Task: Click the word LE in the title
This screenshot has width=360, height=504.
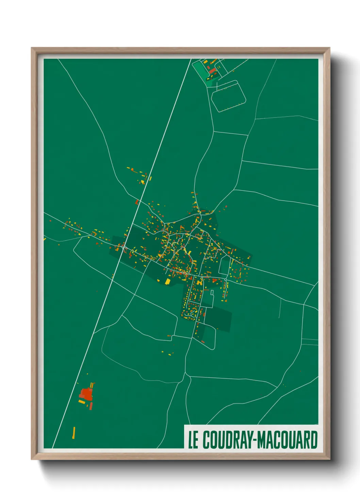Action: tap(193, 440)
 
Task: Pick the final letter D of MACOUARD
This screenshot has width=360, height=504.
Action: tap(313, 440)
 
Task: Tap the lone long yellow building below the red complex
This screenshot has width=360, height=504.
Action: tap(74, 432)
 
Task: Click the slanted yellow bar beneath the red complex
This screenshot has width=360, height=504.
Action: tap(82, 402)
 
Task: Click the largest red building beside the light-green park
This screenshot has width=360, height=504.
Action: tap(213, 71)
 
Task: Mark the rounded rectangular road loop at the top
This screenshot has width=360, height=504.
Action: tap(228, 96)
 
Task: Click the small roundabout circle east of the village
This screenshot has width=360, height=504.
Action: tap(226, 280)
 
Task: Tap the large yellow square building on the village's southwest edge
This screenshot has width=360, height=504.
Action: tap(167, 281)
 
